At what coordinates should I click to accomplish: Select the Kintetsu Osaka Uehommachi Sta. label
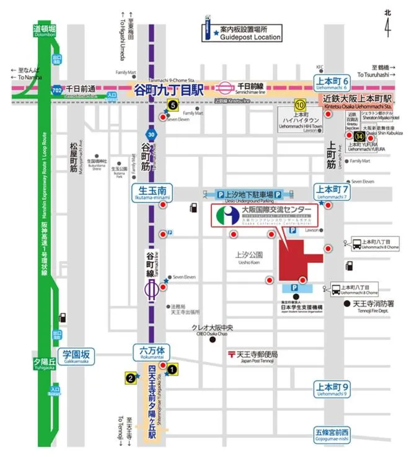click(x=358, y=102)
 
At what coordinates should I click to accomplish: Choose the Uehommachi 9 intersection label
click(x=333, y=390)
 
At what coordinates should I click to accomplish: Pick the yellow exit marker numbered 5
click(x=172, y=106)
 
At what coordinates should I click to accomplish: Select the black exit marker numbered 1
click(x=173, y=370)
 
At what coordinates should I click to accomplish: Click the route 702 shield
click(x=56, y=90)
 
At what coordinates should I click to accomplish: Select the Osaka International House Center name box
click(x=265, y=215)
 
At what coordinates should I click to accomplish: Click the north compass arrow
click(x=387, y=25)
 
